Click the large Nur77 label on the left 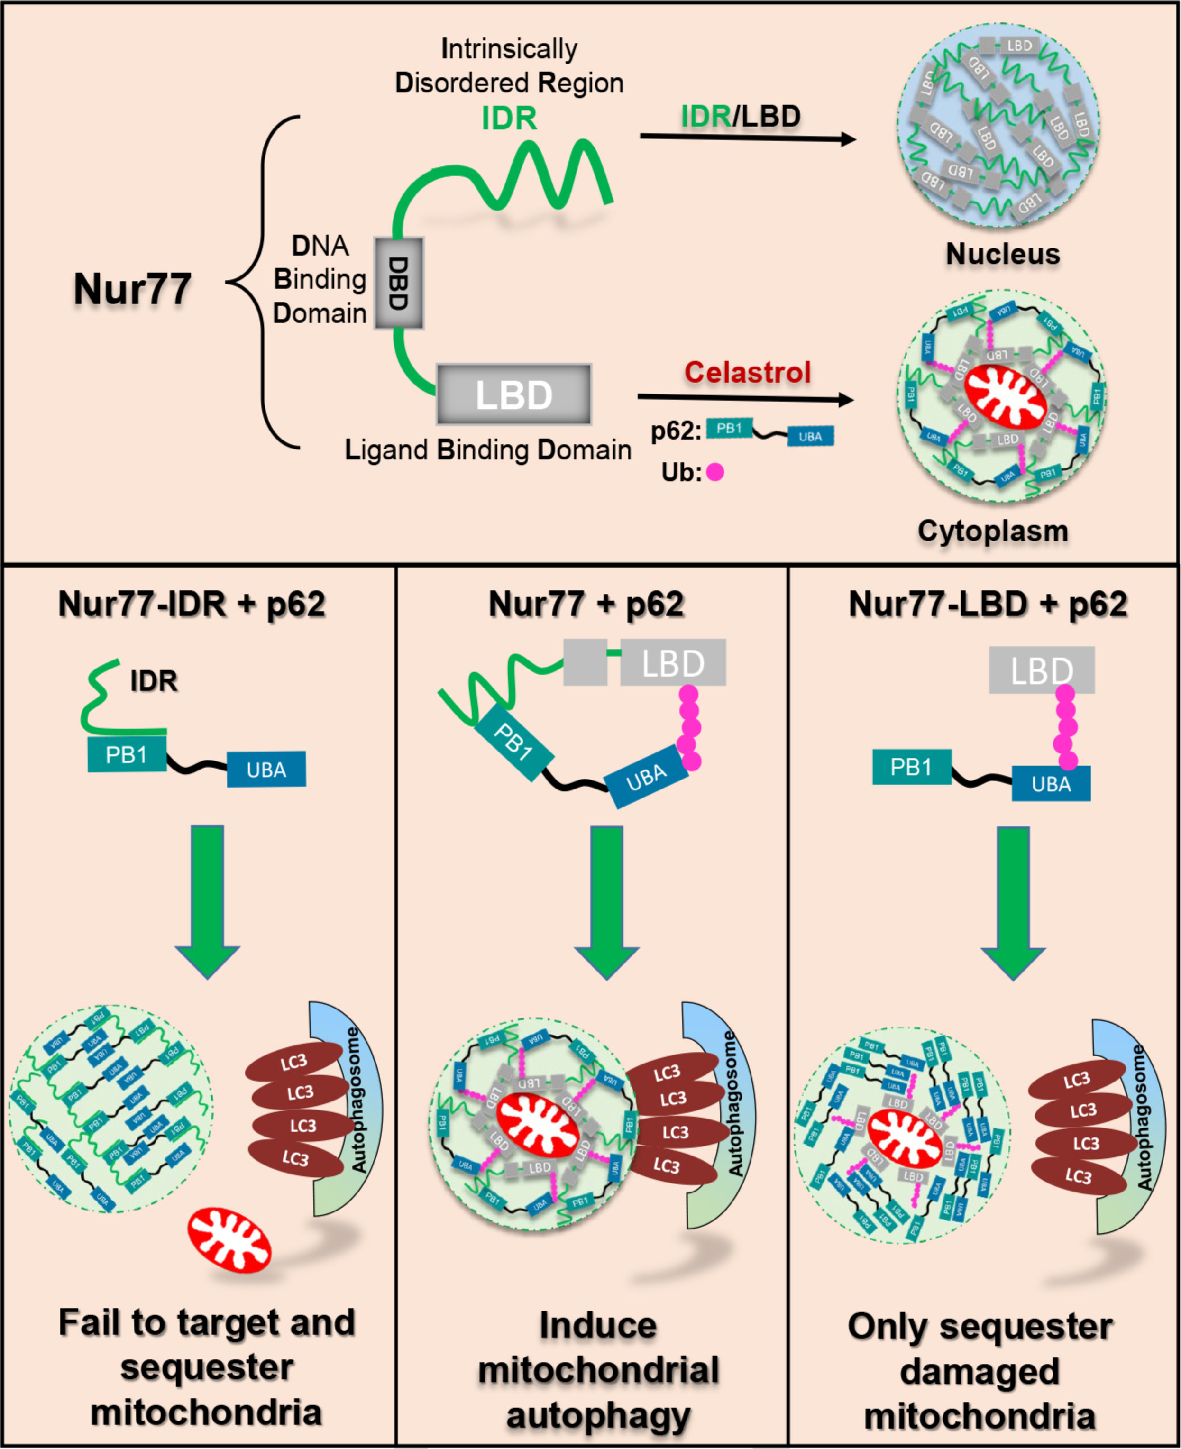133,289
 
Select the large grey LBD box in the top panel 513,394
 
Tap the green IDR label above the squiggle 509,119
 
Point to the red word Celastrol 747,372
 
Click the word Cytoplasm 993,531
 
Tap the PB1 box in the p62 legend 729,429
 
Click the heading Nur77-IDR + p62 192,604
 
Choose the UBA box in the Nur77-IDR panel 266,770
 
